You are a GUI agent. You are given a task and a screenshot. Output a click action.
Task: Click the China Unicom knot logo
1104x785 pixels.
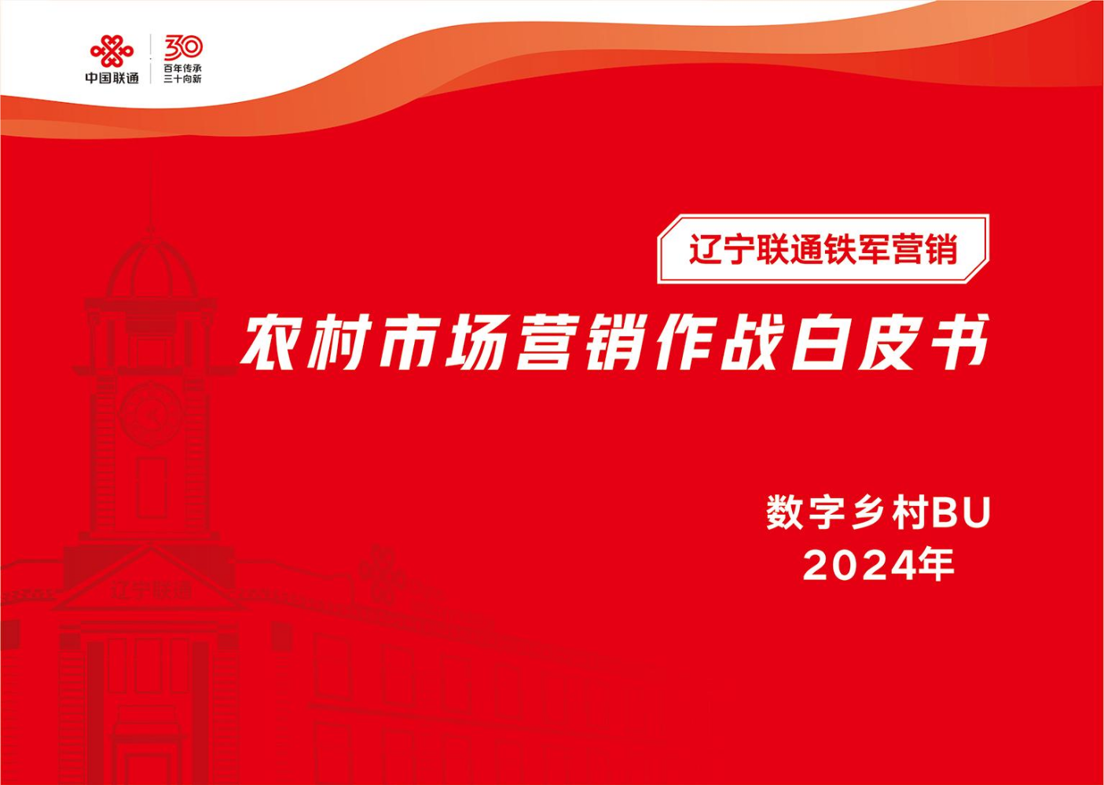click(112, 51)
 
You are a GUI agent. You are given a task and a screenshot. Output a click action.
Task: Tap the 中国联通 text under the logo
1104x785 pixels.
click(112, 77)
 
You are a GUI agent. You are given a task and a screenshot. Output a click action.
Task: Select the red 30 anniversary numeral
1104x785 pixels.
click(183, 47)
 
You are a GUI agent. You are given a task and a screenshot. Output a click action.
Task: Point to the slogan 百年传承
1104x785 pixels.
click(183, 68)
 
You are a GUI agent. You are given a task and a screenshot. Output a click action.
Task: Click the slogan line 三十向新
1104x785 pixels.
click(183, 79)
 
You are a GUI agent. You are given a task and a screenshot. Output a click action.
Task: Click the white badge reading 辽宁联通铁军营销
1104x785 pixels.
click(823, 249)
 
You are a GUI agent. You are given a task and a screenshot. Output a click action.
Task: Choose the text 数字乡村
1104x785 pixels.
click(847, 515)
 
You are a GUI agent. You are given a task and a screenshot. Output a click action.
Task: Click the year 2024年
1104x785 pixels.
click(878, 567)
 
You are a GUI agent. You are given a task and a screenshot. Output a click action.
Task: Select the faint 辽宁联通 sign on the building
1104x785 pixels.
click(150, 590)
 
